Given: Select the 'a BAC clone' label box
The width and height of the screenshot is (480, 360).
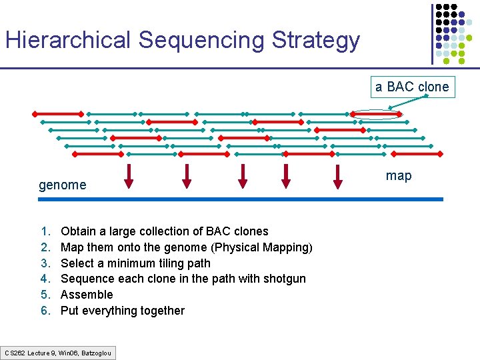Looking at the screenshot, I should click(412, 87).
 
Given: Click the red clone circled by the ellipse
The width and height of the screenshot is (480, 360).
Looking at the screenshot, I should click(376, 115).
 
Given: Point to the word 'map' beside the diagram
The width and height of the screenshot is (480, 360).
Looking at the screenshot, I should click(399, 176).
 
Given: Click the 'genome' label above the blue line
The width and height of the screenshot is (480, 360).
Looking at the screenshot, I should click(62, 185).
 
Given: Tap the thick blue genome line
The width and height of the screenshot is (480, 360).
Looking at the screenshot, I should click(240, 199).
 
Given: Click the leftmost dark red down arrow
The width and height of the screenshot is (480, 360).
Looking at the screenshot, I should click(129, 175).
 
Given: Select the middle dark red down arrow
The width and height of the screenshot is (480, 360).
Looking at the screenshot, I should click(243, 175).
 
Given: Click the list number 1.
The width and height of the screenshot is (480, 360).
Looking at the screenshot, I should click(45, 232).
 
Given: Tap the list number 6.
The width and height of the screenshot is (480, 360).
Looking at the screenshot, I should click(45, 311).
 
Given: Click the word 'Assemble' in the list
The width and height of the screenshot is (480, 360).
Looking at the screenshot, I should click(87, 295).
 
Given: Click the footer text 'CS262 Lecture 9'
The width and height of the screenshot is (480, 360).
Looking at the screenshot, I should click(30, 352).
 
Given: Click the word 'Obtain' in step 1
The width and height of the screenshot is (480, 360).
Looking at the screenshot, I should click(77, 232).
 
